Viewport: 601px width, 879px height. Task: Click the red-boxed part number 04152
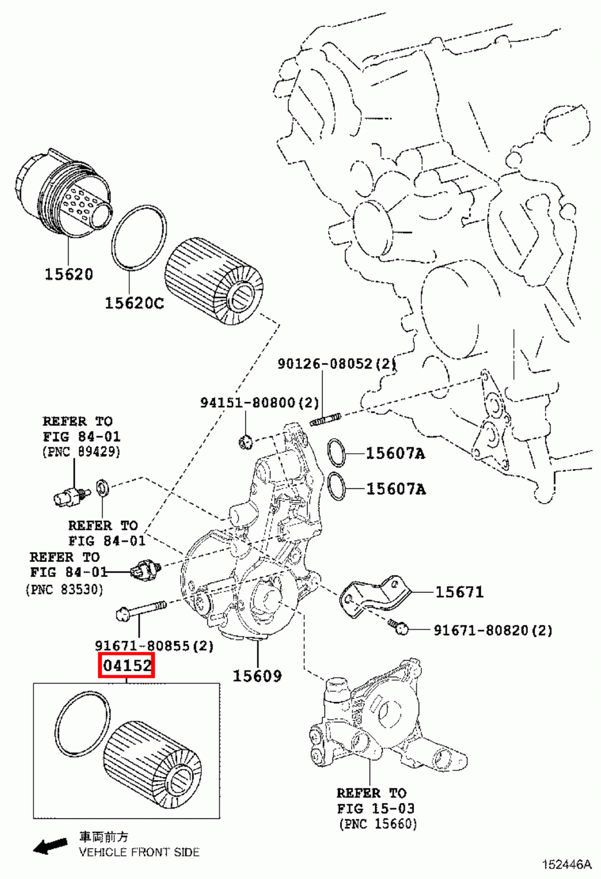pyautogui.click(x=127, y=666)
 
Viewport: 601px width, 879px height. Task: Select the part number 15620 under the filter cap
pyautogui.click(x=69, y=274)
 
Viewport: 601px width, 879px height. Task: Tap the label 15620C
pyautogui.click(x=134, y=303)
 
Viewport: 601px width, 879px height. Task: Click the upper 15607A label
pyautogui.click(x=396, y=453)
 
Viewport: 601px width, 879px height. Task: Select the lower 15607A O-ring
pyautogui.click(x=336, y=486)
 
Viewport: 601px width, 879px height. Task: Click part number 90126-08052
pyautogui.click(x=336, y=363)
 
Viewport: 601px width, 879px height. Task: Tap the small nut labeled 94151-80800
pyautogui.click(x=245, y=441)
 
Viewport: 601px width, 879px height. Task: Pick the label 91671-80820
pyautogui.click(x=493, y=630)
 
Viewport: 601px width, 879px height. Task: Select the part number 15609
pyautogui.click(x=257, y=676)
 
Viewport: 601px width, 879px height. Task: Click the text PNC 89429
pyautogui.click(x=81, y=452)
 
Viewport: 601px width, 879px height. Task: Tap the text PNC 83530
pyautogui.click(x=64, y=589)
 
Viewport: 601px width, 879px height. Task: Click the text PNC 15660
pyautogui.click(x=378, y=824)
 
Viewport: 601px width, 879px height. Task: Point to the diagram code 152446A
pyautogui.click(x=567, y=865)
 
